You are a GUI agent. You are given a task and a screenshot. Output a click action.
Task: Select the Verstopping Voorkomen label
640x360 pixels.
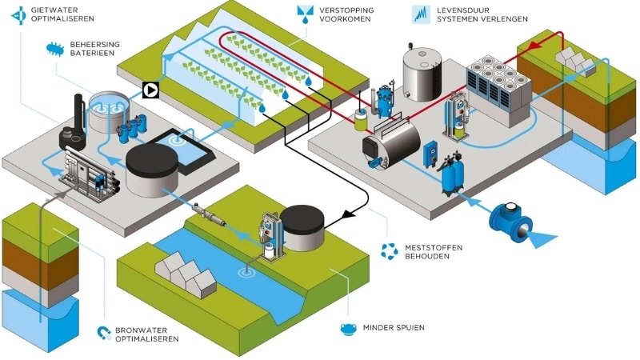pyautogui.click(x=346, y=14)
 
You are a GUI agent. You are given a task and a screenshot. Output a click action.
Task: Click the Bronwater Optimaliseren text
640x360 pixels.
pyautogui.click(x=147, y=334)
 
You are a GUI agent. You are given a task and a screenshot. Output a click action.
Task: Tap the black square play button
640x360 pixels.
pyautogui.click(x=150, y=90)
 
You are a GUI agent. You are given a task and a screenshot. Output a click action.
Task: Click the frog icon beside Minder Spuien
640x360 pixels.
pyautogui.click(x=347, y=328)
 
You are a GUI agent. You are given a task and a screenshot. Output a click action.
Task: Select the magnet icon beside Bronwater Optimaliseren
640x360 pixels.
pyautogui.click(x=102, y=332)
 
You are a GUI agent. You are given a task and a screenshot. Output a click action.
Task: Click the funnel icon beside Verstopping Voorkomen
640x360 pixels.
pyautogui.click(x=305, y=14)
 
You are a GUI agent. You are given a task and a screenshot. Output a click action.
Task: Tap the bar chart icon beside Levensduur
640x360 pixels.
pyautogui.click(x=421, y=13)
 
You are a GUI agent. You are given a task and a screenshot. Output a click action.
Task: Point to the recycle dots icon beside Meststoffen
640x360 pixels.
pyautogui.click(x=389, y=252)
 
